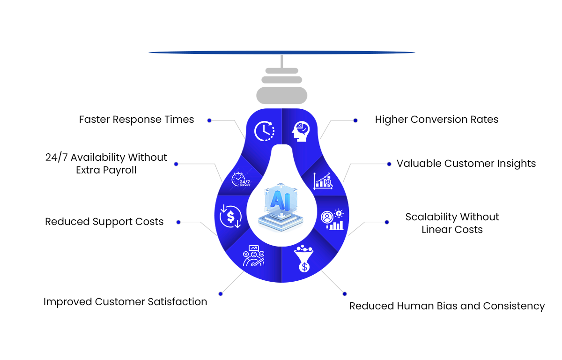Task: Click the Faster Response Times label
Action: [x=136, y=120]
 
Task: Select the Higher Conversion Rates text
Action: [x=436, y=120]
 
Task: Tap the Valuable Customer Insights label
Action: [x=466, y=164]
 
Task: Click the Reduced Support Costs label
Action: [x=104, y=222]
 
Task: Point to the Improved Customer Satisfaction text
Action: [x=125, y=302]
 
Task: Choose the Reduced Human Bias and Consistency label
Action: [x=447, y=306]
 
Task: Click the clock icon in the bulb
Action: [x=264, y=131]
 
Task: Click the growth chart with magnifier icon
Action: [x=323, y=180]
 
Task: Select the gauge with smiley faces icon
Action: [x=253, y=256]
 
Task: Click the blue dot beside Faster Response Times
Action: [x=209, y=120]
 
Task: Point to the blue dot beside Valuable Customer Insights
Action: [x=389, y=164]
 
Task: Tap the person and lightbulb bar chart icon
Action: [x=332, y=220]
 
